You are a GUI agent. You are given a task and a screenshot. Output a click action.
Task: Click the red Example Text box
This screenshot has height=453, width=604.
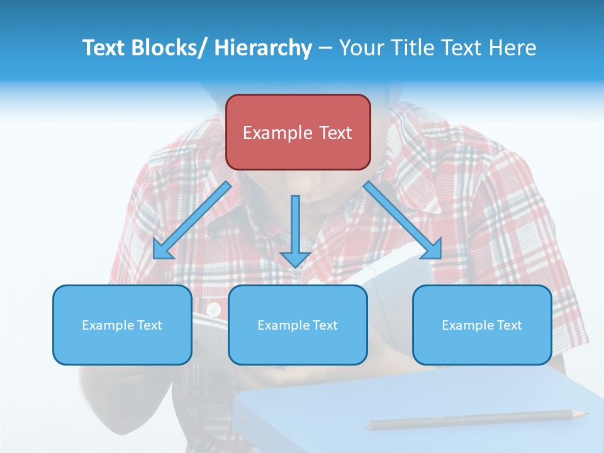(298, 132)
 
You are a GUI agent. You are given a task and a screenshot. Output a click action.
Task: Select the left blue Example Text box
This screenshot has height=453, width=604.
(122, 325)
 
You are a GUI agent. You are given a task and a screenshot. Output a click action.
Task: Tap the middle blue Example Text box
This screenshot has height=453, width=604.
(298, 325)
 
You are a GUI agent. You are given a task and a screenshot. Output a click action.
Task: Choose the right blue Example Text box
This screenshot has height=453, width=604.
(482, 325)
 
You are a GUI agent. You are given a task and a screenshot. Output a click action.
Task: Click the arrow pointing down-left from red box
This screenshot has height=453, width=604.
(191, 221)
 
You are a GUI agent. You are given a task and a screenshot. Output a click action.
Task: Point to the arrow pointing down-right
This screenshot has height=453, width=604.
(403, 221)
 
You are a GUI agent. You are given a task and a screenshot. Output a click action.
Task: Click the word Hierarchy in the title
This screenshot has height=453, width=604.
(263, 48)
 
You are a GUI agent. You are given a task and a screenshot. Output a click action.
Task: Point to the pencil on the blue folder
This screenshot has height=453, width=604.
(478, 419)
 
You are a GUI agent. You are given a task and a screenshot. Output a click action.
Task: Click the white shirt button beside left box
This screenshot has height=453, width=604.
(214, 309)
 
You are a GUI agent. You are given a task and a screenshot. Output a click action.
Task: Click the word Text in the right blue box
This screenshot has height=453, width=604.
(509, 325)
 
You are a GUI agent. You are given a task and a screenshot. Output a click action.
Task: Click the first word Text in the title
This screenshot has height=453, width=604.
(105, 48)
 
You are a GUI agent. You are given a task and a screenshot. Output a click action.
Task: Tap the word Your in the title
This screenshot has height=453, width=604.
(360, 48)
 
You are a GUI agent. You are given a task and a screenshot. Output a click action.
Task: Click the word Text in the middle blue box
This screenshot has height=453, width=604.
(325, 325)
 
